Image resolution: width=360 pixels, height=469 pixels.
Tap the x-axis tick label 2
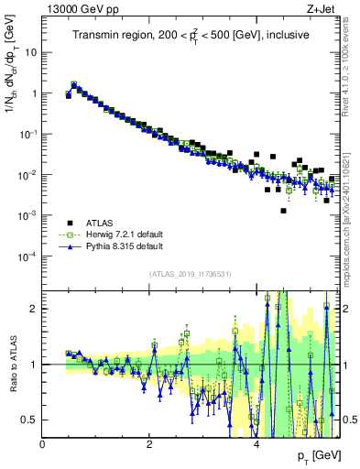[x=149, y=443]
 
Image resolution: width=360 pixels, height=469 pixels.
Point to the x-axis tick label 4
[x=256, y=443]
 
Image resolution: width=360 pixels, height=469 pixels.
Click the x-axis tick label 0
[x=42, y=443]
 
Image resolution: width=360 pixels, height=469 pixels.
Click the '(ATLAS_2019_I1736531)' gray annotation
[x=191, y=274]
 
